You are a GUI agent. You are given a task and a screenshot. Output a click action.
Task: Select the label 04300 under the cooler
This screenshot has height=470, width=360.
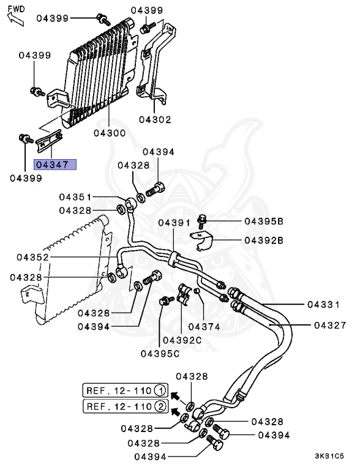click(x=110, y=133)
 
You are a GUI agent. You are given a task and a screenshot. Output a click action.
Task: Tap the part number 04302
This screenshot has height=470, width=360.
click(x=154, y=120)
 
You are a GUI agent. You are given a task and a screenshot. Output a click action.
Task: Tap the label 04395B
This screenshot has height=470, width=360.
click(x=264, y=220)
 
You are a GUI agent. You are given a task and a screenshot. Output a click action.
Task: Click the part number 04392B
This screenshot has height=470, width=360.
click(x=264, y=240)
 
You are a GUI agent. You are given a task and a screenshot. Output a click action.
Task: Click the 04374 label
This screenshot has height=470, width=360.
click(x=204, y=327)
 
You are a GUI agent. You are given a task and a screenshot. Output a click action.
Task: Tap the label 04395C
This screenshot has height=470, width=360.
click(x=160, y=353)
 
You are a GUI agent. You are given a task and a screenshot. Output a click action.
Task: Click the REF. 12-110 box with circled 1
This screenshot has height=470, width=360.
click(x=126, y=390)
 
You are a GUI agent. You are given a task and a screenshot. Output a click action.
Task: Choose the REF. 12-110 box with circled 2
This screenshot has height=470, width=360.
click(x=126, y=406)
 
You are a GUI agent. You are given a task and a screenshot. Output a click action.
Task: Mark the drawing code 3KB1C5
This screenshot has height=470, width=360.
click(x=329, y=456)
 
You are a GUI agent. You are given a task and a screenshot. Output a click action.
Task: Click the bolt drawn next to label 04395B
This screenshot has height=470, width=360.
click(x=203, y=219)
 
